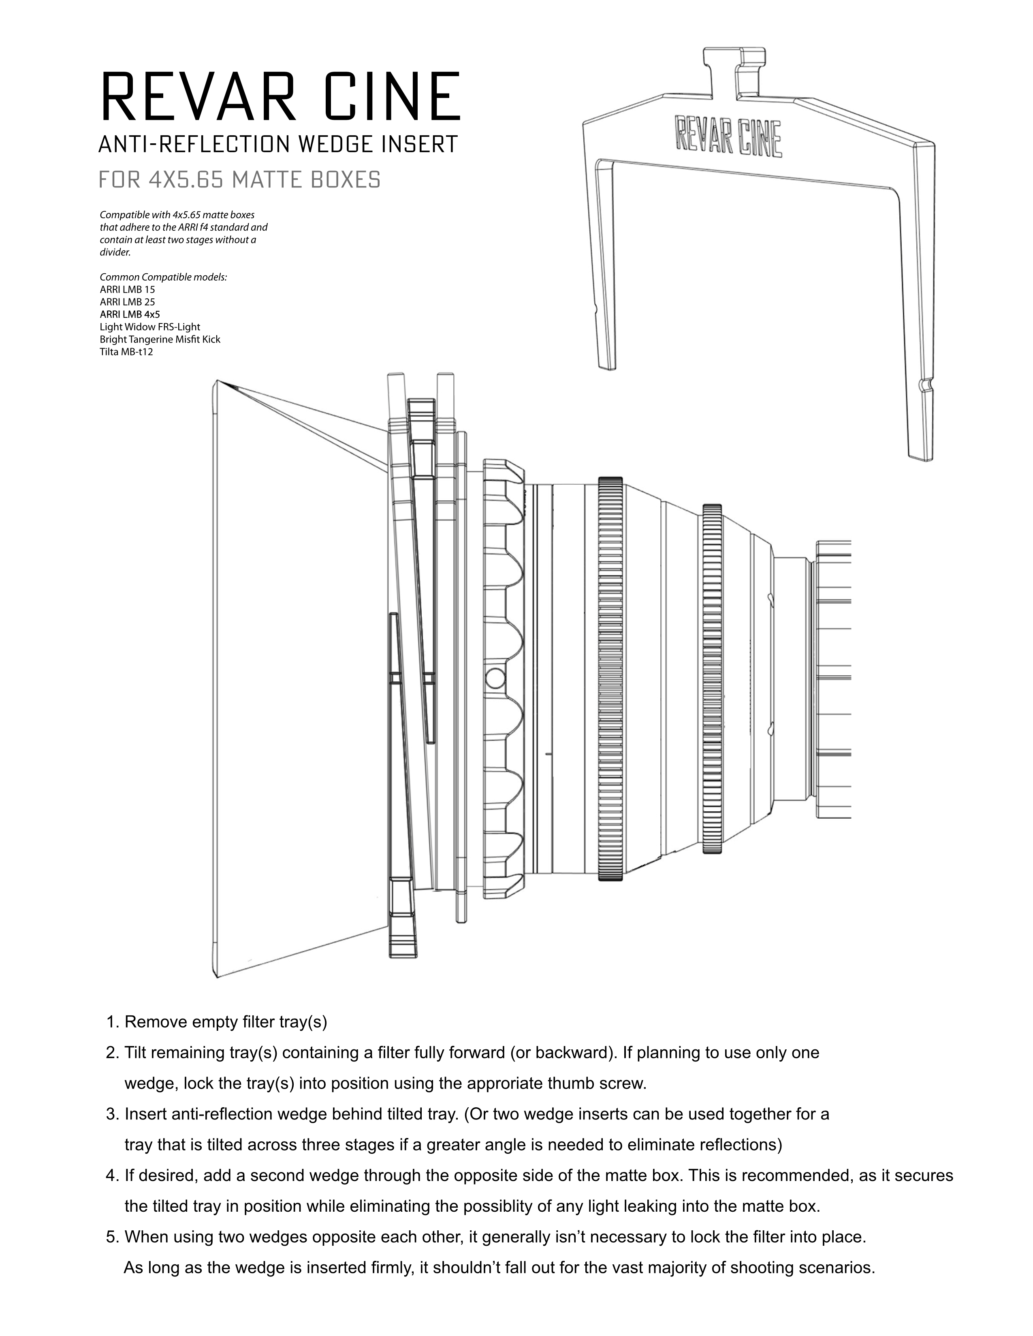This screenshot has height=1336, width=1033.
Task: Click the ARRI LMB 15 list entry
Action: click(127, 289)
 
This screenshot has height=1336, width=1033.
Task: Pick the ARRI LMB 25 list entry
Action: click(127, 302)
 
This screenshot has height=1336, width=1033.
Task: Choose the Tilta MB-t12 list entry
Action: click(126, 352)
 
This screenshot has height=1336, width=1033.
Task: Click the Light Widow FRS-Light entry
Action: click(150, 327)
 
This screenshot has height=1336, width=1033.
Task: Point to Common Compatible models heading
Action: click(163, 277)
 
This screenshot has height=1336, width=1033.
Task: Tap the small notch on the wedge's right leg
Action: click(925, 385)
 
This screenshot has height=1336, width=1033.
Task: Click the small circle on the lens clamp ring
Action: click(495, 678)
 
